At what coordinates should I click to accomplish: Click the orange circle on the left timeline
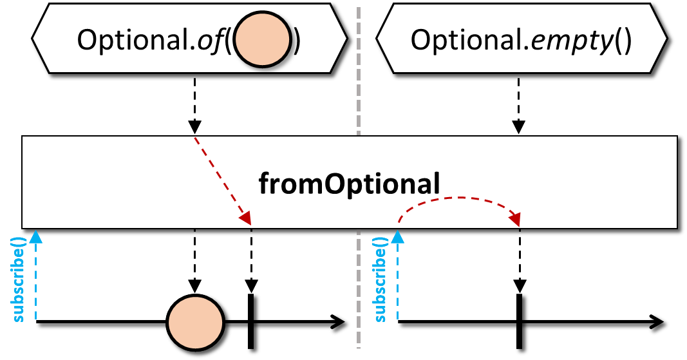pyautogui.click(x=195, y=323)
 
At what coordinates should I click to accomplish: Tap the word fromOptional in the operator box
pyautogui.click(x=349, y=184)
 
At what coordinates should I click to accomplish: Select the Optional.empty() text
pyautogui.click(x=521, y=41)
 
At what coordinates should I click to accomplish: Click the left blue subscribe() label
pyautogui.click(x=19, y=279)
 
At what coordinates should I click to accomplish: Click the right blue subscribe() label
pyautogui.click(x=381, y=279)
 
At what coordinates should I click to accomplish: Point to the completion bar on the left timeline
pyautogui.click(x=250, y=321)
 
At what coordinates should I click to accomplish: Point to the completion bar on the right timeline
pyautogui.click(x=519, y=321)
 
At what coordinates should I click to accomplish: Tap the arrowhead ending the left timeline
pyautogui.click(x=338, y=322)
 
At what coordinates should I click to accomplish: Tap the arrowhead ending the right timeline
pyautogui.click(x=657, y=322)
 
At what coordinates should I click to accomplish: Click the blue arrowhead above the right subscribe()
pyautogui.click(x=397, y=237)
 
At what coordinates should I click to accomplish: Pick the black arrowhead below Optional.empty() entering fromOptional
pyautogui.click(x=519, y=127)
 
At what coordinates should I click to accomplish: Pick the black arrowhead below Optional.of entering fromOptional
pyautogui.click(x=194, y=127)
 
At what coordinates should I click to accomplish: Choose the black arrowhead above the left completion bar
pyautogui.click(x=251, y=286)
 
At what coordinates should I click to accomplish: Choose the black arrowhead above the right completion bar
pyautogui.click(x=520, y=286)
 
